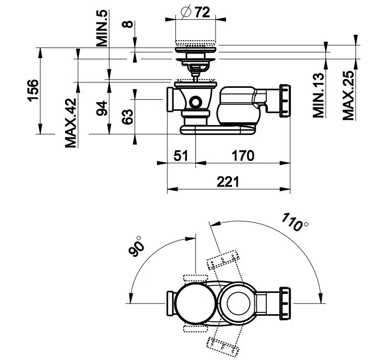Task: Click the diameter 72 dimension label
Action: pos(195,12)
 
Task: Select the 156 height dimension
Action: pos(33,90)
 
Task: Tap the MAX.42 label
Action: pos(71,123)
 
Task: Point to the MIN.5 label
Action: pos(102,28)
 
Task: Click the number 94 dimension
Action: pos(102,108)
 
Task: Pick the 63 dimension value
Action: pos(128,117)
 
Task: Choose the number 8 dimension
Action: pos(128,24)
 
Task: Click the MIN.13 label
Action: pos(318,95)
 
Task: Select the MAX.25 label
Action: pos(349,95)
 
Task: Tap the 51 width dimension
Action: pos(181,155)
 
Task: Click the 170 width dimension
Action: pos(243,155)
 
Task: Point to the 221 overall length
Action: pos(228,182)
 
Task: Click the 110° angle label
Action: pos(294,222)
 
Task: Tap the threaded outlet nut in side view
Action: pos(285,101)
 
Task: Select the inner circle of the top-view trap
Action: pos(238,303)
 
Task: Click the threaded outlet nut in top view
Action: pos(285,303)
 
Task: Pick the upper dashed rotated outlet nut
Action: pos(223,260)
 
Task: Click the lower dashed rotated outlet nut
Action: pos(223,347)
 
